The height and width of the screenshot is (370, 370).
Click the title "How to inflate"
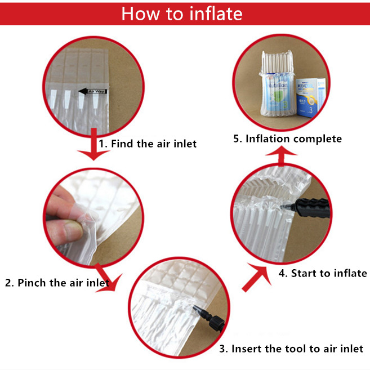tap(182, 14)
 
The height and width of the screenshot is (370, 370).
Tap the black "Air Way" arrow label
tap(92, 91)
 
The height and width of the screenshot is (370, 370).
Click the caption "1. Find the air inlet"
tap(148, 144)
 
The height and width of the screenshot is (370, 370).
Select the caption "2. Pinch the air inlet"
tap(57, 283)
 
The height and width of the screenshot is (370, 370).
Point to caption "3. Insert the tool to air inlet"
tap(291, 349)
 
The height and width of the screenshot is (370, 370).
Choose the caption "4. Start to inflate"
tap(323, 273)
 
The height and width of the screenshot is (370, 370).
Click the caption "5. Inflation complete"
tap(287, 139)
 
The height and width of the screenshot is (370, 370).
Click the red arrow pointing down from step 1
tap(93, 144)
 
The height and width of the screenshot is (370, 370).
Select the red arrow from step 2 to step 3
tap(108, 278)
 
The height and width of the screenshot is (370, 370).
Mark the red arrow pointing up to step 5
tap(281, 155)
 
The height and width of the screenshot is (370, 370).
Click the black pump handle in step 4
tap(312, 208)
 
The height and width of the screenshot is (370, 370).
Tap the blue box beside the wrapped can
tap(310, 97)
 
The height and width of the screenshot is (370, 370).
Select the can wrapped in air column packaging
tap(277, 84)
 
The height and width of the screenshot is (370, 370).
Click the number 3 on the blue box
tap(311, 110)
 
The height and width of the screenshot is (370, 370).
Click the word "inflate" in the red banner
tap(216, 14)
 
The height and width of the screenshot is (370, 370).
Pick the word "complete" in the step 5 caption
tap(318, 139)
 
